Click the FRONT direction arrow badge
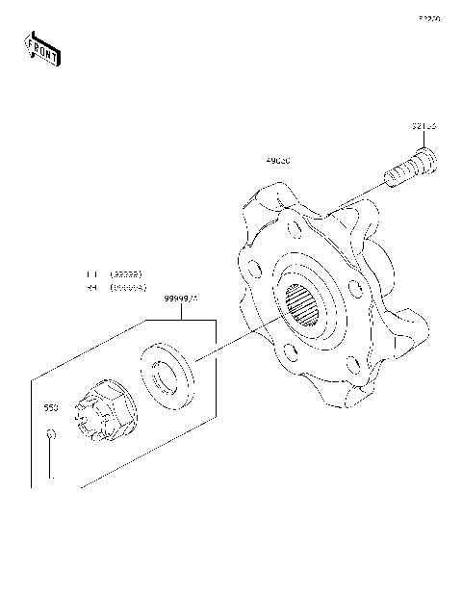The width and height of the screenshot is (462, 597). pos(40,49)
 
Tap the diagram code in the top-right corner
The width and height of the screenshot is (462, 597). pos(428,18)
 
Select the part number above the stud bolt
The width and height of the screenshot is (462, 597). pos(424,126)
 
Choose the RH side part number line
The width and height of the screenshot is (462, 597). pos(115,287)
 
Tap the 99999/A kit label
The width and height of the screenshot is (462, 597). pos(181,298)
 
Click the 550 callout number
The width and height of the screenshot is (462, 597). pos(51,408)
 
